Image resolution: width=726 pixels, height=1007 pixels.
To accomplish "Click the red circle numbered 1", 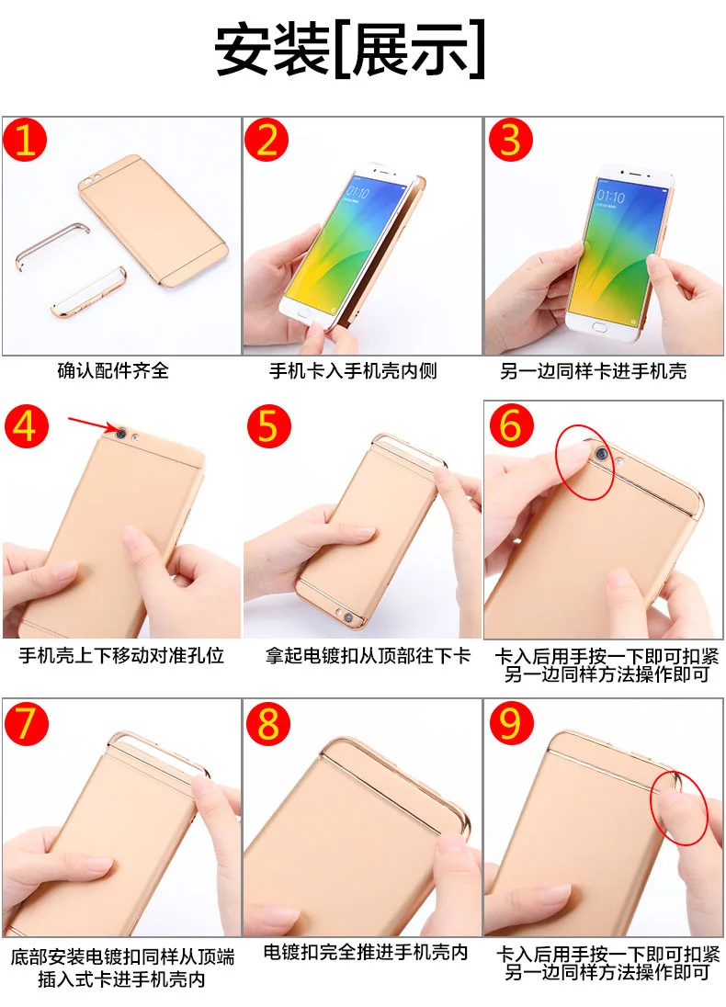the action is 25,140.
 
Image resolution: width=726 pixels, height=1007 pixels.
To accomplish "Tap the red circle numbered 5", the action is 268,426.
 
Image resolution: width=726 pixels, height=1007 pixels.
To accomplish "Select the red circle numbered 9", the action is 511,722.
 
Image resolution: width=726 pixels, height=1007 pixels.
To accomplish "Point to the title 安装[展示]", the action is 350,51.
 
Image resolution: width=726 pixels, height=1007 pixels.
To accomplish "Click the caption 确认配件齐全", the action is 113,370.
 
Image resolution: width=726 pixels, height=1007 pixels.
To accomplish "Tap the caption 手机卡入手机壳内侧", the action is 353,370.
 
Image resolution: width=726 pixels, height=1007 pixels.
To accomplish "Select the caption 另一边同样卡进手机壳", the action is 593,370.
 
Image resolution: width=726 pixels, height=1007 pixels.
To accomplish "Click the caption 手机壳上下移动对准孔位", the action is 121,655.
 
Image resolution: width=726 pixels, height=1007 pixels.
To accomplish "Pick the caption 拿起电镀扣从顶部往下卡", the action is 369,655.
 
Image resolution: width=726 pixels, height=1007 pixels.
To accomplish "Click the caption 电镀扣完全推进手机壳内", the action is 366,952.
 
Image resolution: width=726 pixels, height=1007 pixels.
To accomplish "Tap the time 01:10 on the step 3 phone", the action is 610,196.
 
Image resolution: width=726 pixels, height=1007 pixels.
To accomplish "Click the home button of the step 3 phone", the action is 598,327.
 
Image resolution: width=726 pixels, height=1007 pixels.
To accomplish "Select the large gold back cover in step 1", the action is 153,219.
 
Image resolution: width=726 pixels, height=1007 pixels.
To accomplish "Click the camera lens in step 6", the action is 601,454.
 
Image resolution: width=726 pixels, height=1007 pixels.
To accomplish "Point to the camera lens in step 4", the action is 120,433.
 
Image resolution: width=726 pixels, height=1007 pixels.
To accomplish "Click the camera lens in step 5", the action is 348,617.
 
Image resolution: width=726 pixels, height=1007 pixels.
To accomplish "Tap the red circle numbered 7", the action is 27,722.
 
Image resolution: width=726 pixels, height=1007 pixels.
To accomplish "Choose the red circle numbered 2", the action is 267,140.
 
